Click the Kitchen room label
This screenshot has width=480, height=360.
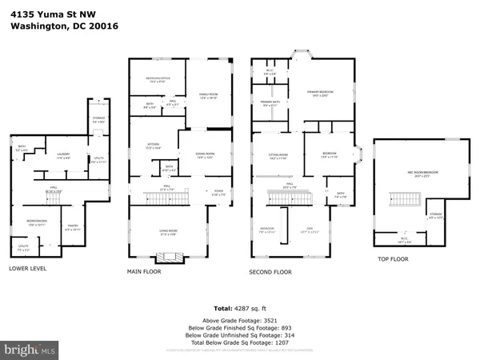pos(152,147)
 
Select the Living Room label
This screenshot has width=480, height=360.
pos(167,234)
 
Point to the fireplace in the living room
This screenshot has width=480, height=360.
pos(167,257)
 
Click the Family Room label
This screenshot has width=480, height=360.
pos(209,95)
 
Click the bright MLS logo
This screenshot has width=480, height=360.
pos(30,350)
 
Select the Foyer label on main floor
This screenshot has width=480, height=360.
pos(218,192)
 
